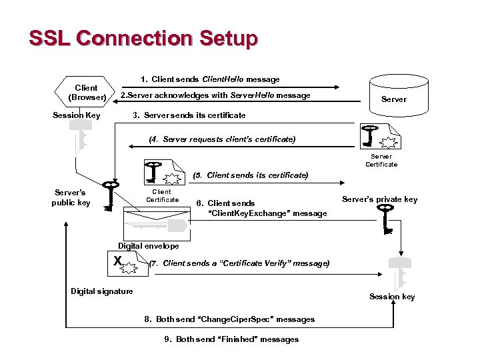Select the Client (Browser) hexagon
pos(86,93)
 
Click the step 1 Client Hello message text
pos(210,79)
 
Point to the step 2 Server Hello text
pos(215,95)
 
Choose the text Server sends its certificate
pos(189,115)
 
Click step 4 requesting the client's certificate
pos(222,139)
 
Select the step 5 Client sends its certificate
pos(250,175)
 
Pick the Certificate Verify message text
pos(239,263)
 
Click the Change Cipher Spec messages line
pos(229,319)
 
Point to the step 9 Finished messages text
pos(231,339)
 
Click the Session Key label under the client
pos(76,115)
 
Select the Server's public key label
pos(71,198)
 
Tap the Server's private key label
pos(379,199)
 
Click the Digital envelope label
pos(149,246)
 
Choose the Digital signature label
pos(102,291)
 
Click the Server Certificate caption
pos(381,161)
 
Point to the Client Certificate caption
pos(163,195)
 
